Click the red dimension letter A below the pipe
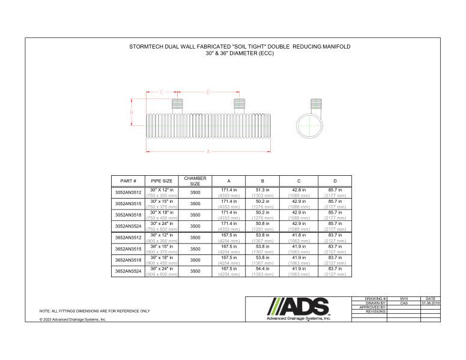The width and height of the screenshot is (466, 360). point(208,152)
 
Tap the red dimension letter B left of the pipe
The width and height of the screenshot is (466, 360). point(132,112)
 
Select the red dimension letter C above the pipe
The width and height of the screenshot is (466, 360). point(161,92)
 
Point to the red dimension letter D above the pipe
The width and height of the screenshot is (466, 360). point(208,92)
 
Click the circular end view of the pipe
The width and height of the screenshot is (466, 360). point(309,127)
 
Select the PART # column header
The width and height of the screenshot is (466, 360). point(129,181)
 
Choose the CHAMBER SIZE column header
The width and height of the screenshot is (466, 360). point(195,181)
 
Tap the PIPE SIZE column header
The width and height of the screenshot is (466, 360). point(162,181)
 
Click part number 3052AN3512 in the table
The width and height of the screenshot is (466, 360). point(129,193)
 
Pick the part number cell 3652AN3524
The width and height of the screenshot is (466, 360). point(129,271)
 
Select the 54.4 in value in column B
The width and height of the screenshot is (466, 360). point(263,269)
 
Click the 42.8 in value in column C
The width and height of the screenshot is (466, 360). point(298,190)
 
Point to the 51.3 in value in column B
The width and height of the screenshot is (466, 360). point(263,190)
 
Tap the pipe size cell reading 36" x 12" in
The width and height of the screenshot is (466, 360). point(162,235)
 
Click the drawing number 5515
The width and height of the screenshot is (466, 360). point(403,298)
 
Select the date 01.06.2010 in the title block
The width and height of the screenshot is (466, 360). point(430,303)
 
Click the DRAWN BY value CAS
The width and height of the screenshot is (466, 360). point(403,303)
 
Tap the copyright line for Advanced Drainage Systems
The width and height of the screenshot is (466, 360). point(73,320)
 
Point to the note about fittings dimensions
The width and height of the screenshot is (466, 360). point(94,311)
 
